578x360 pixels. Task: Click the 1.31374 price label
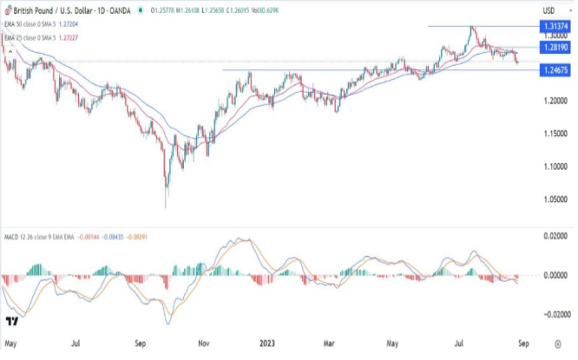(553, 28)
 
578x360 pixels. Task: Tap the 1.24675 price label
(553, 70)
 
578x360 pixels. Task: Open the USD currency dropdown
(549, 8)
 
